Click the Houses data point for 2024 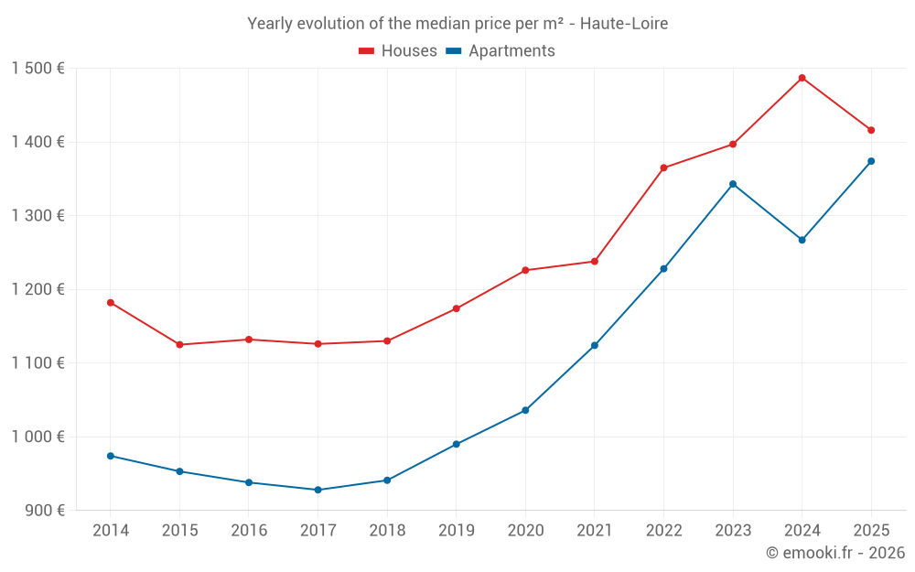point(802,78)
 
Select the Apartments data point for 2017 point(318,490)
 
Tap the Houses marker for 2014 point(111,302)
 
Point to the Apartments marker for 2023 point(733,184)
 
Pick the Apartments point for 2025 point(871,161)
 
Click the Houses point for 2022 point(663,167)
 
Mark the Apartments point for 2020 point(525,410)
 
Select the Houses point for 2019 point(456,308)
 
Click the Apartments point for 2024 point(802,240)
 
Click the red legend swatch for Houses point(366,51)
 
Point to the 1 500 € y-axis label point(38,69)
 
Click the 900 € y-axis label point(44,510)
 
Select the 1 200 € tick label point(38,289)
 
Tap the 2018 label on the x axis point(387,531)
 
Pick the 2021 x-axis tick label point(594,531)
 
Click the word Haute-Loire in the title point(627,23)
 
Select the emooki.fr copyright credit point(835,553)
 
